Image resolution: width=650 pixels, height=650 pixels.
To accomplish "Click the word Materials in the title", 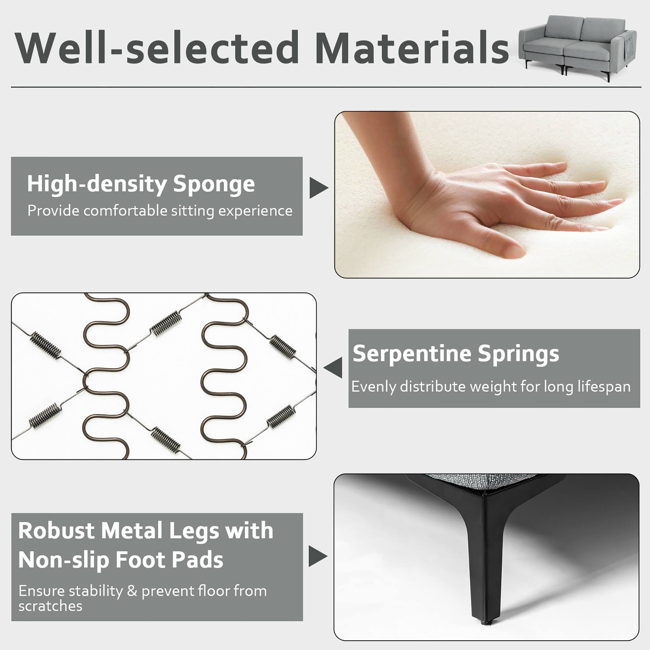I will [x=412, y=48].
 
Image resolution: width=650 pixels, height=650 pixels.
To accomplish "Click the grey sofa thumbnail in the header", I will [x=577, y=47].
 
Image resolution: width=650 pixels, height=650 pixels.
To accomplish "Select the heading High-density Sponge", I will [x=141, y=184].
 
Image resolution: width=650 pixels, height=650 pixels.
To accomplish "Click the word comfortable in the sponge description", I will [x=125, y=211].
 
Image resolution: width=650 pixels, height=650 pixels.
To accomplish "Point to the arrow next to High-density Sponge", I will [x=318, y=188].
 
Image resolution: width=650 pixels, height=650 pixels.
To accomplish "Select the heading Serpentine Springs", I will [x=456, y=354].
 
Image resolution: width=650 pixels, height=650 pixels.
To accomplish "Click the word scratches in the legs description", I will [x=50, y=606].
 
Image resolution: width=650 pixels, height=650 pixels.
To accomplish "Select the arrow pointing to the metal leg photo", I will [x=317, y=556].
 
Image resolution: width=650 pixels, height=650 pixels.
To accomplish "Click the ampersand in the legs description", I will [x=132, y=591].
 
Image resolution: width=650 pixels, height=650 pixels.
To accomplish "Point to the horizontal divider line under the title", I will [x=326, y=87].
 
